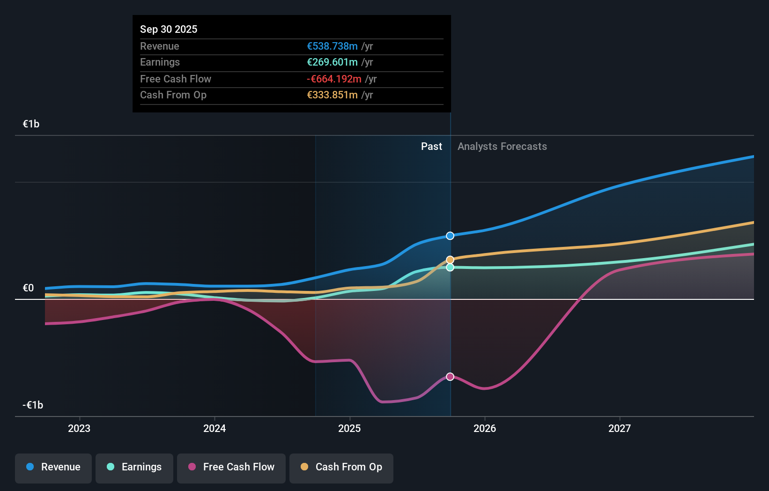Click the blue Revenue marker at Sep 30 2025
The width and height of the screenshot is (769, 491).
(450, 236)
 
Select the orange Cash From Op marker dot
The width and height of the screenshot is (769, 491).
(450, 260)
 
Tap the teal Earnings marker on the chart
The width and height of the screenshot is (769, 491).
(450, 268)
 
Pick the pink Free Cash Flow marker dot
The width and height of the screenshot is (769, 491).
(450, 377)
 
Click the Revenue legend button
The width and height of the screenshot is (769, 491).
(53, 467)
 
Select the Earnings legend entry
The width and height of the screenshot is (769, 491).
(134, 467)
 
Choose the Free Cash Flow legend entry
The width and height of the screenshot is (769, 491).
(231, 467)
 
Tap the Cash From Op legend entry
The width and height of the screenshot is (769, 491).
(341, 467)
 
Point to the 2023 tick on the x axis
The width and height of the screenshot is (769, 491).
(79, 428)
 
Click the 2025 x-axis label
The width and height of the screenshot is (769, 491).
(349, 428)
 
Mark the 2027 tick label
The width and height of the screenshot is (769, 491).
(619, 428)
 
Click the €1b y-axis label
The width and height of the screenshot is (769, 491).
(31, 124)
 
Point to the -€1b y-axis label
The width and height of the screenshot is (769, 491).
(33, 405)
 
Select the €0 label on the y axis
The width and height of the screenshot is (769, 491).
(28, 288)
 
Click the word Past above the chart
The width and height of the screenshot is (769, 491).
(431, 147)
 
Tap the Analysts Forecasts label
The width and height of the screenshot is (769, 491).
(502, 147)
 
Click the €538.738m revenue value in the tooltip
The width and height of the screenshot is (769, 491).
(332, 46)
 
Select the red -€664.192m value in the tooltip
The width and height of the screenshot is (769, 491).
(334, 79)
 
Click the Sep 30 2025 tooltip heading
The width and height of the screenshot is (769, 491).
(169, 29)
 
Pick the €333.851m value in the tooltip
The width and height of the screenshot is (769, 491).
(332, 95)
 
